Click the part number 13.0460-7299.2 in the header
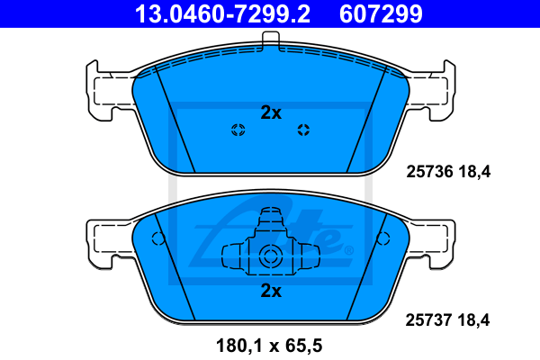pyautogui.click(x=222, y=13)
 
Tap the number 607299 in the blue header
pyautogui.click(x=381, y=13)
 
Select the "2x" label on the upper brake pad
pyautogui.click(x=271, y=112)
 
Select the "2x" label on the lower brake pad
pyautogui.click(x=271, y=291)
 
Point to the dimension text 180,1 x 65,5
pyautogui.click(x=269, y=346)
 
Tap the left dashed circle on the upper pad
pyautogui.click(x=238, y=130)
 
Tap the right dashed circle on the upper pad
pyautogui.click(x=303, y=130)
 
